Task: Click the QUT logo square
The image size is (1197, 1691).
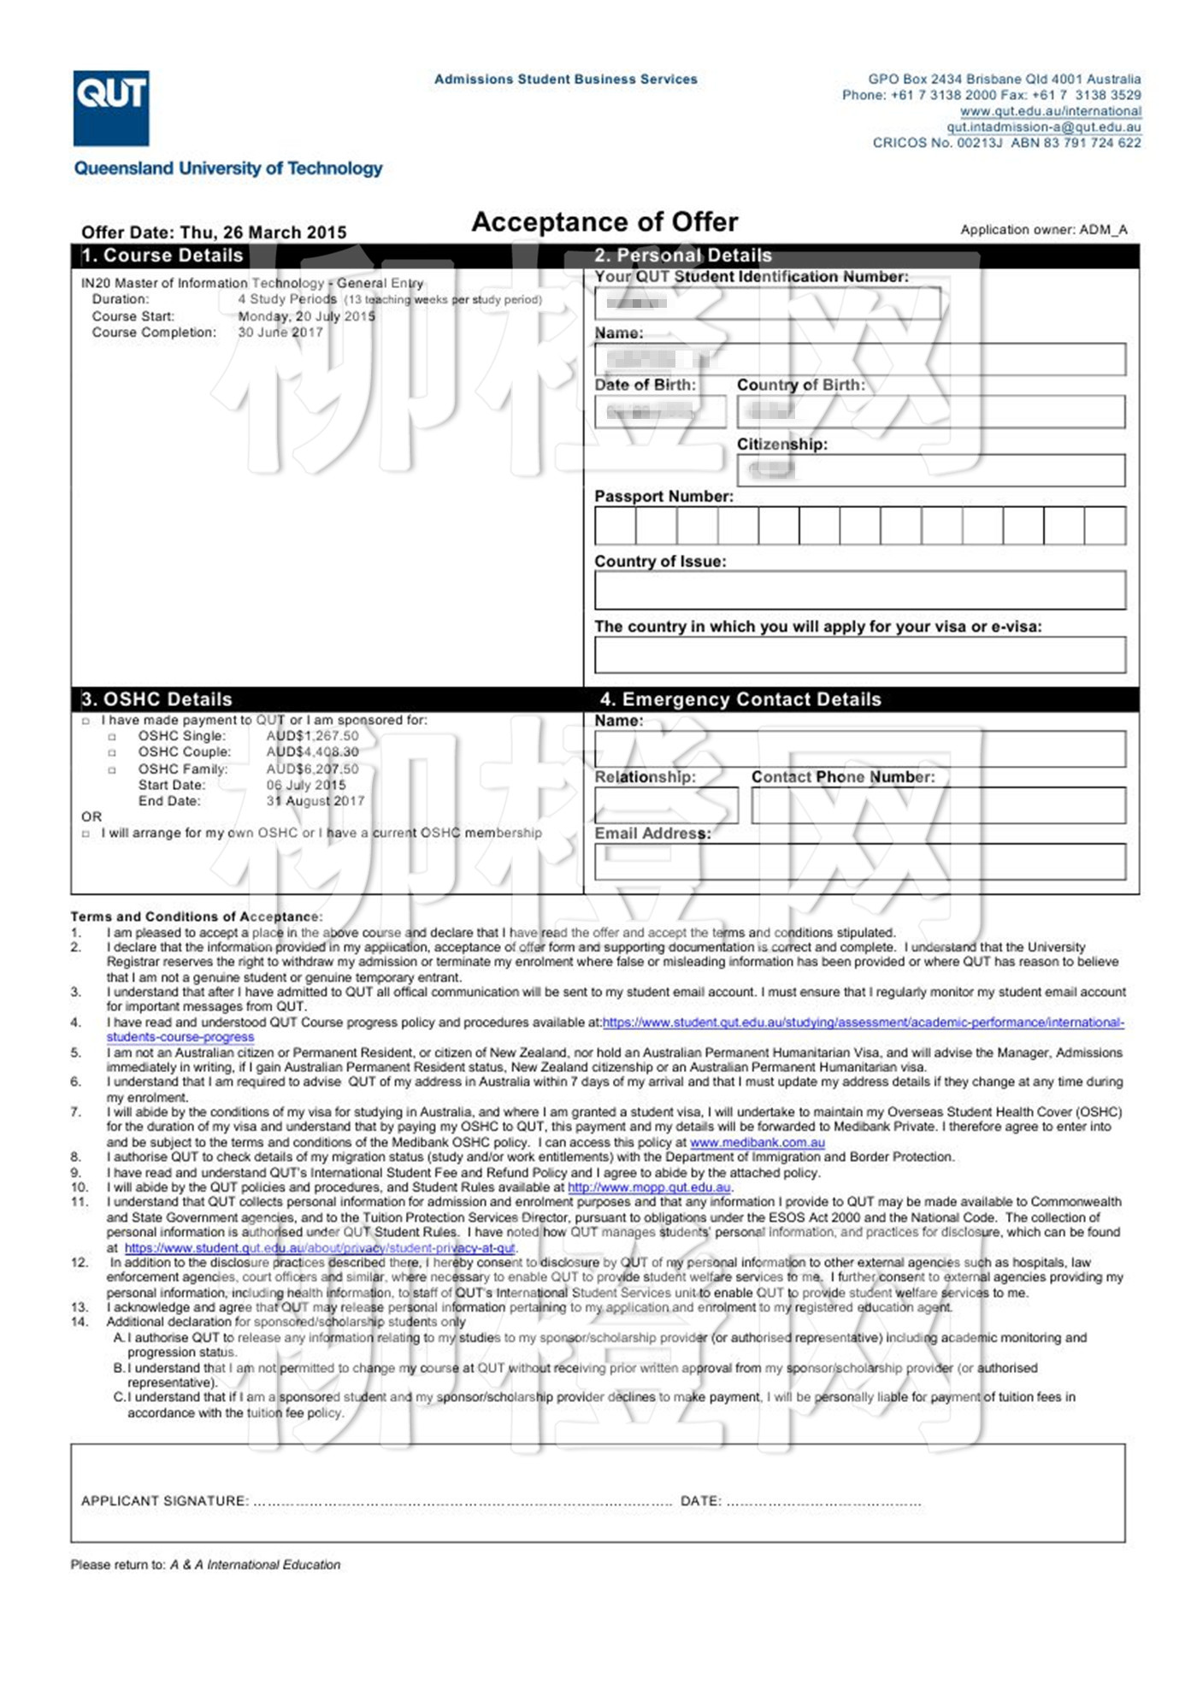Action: tap(111, 108)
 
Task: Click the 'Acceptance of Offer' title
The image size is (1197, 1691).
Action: tap(604, 222)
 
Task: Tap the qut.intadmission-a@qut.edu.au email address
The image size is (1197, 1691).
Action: tap(1043, 127)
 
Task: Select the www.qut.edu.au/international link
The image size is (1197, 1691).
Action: tap(1050, 111)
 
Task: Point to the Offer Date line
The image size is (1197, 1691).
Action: tap(214, 233)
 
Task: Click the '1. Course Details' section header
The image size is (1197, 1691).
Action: tap(162, 256)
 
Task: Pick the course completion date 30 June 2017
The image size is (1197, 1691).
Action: tap(280, 333)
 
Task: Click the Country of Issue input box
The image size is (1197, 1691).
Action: tap(859, 590)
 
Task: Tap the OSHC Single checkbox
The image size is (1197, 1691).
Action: tap(112, 737)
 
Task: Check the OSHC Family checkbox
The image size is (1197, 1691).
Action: tap(112, 769)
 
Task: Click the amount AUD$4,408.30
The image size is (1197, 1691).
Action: tap(312, 752)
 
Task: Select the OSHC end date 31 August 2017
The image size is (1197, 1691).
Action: tap(315, 801)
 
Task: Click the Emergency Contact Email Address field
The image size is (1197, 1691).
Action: tap(859, 862)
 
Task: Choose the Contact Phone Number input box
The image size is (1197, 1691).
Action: tap(938, 805)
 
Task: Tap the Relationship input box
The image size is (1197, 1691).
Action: tap(665, 805)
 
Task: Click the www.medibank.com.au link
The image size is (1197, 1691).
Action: tap(757, 1142)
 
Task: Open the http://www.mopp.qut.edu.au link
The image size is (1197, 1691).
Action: tap(649, 1187)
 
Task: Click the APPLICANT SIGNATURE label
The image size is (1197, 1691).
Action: tap(164, 1500)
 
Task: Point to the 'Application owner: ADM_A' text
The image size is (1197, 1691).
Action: tap(1043, 230)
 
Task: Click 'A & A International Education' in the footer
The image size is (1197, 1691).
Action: tap(255, 1564)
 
